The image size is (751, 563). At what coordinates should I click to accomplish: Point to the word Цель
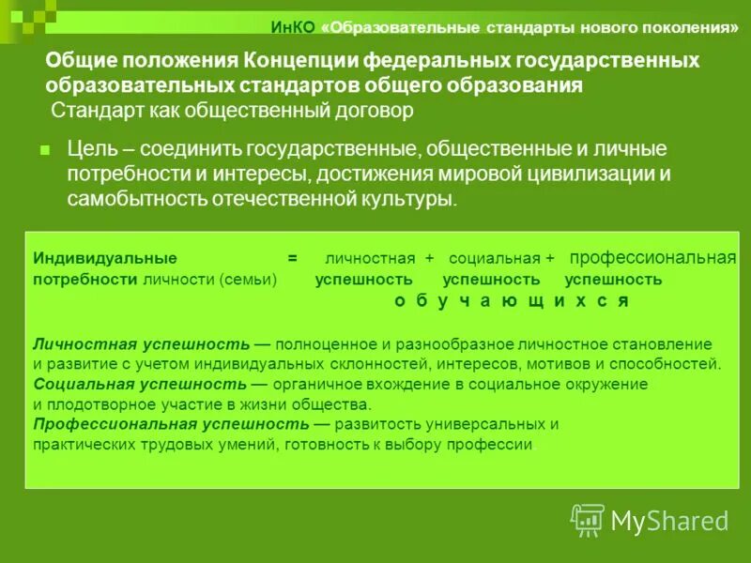[x=91, y=149]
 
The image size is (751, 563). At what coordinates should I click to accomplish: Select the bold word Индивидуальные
[x=105, y=257]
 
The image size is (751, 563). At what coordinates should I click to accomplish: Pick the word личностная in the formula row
[x=370, y=258]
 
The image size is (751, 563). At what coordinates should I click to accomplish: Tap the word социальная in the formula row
[x=494, y=258]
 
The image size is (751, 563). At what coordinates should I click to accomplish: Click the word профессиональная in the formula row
[x=653, y=257]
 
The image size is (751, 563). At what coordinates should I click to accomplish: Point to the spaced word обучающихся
[x=511, y=301]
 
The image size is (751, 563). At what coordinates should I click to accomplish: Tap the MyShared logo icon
[x=588, y=520]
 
